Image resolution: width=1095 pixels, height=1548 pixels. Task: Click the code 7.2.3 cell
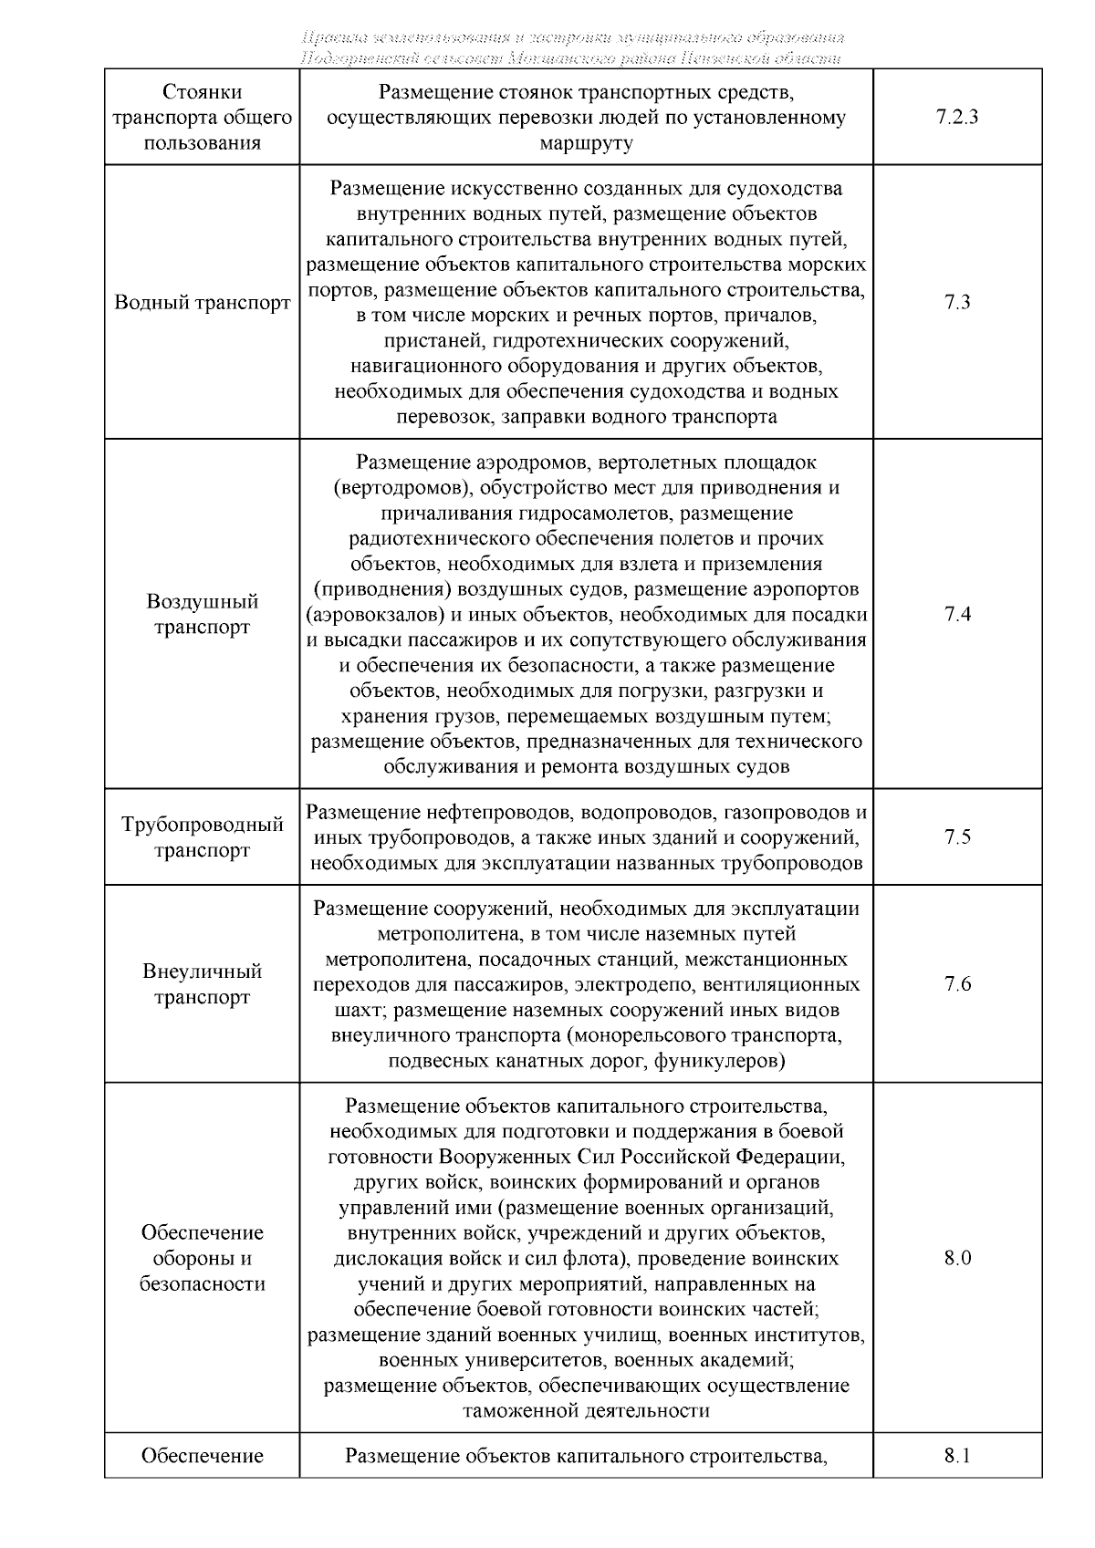point(957,118)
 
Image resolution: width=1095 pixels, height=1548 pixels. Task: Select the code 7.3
point(957,303)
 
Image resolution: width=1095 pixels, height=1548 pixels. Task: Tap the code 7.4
point(957,614)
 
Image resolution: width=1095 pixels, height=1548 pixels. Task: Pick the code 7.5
point(957,837)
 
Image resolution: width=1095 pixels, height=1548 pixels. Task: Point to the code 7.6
point(957,984)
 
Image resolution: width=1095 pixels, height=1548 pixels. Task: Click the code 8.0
point(957,1259)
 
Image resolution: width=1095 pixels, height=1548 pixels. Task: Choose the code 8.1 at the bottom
point(957,1456)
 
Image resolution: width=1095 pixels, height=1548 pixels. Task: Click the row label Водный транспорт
point(202,303)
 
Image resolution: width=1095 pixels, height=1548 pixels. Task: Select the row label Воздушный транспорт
point(202,615)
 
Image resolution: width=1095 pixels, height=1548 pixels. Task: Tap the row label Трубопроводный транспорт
point(202,837)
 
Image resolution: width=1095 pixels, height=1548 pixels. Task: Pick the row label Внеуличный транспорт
point(202,984)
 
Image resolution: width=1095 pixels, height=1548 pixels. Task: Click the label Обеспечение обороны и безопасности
point(202,1259)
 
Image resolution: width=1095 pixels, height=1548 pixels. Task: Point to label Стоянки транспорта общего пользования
point(202,118)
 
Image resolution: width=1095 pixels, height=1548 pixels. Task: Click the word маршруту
point(586,143)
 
